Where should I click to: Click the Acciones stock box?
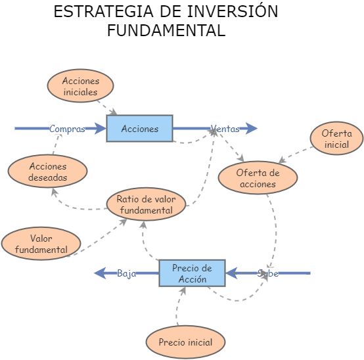tap(139, 129)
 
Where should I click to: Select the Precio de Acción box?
tap(192, 273)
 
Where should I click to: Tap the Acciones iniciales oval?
tap(80, 86)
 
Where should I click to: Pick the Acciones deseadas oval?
tap(48, 171)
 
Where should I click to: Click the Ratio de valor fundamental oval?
tap(146, 204)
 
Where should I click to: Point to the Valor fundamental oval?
tap(41, 244)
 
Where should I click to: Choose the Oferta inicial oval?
tap(336, 139)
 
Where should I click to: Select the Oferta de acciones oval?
tap(258, 178)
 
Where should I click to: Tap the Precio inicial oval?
tap(185, 342)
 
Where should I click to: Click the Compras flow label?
tap(67, 129)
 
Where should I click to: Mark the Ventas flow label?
tap(225, 129)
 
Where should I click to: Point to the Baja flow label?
tap(126, 273)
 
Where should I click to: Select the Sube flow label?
tap(268, 273)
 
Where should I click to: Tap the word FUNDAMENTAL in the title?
tap(166, 30)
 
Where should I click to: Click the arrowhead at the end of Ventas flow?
tap(251, 129)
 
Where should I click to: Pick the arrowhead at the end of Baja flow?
tap(101, 273)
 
